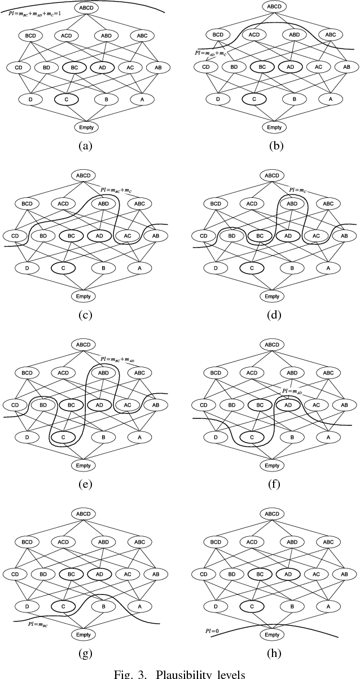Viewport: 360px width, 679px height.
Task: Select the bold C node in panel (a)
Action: pos(65,99)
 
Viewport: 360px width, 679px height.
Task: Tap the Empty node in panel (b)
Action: pos(274,127)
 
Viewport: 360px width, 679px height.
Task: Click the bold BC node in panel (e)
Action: pos(71,404)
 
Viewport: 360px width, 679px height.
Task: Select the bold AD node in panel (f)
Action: pos(288,404)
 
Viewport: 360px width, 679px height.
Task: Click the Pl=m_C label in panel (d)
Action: pos(297,190)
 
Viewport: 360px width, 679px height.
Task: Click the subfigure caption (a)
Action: pos(85,146)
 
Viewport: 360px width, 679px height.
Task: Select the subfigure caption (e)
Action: pos(85,484)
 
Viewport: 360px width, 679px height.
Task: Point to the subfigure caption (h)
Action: pos(274,653)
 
